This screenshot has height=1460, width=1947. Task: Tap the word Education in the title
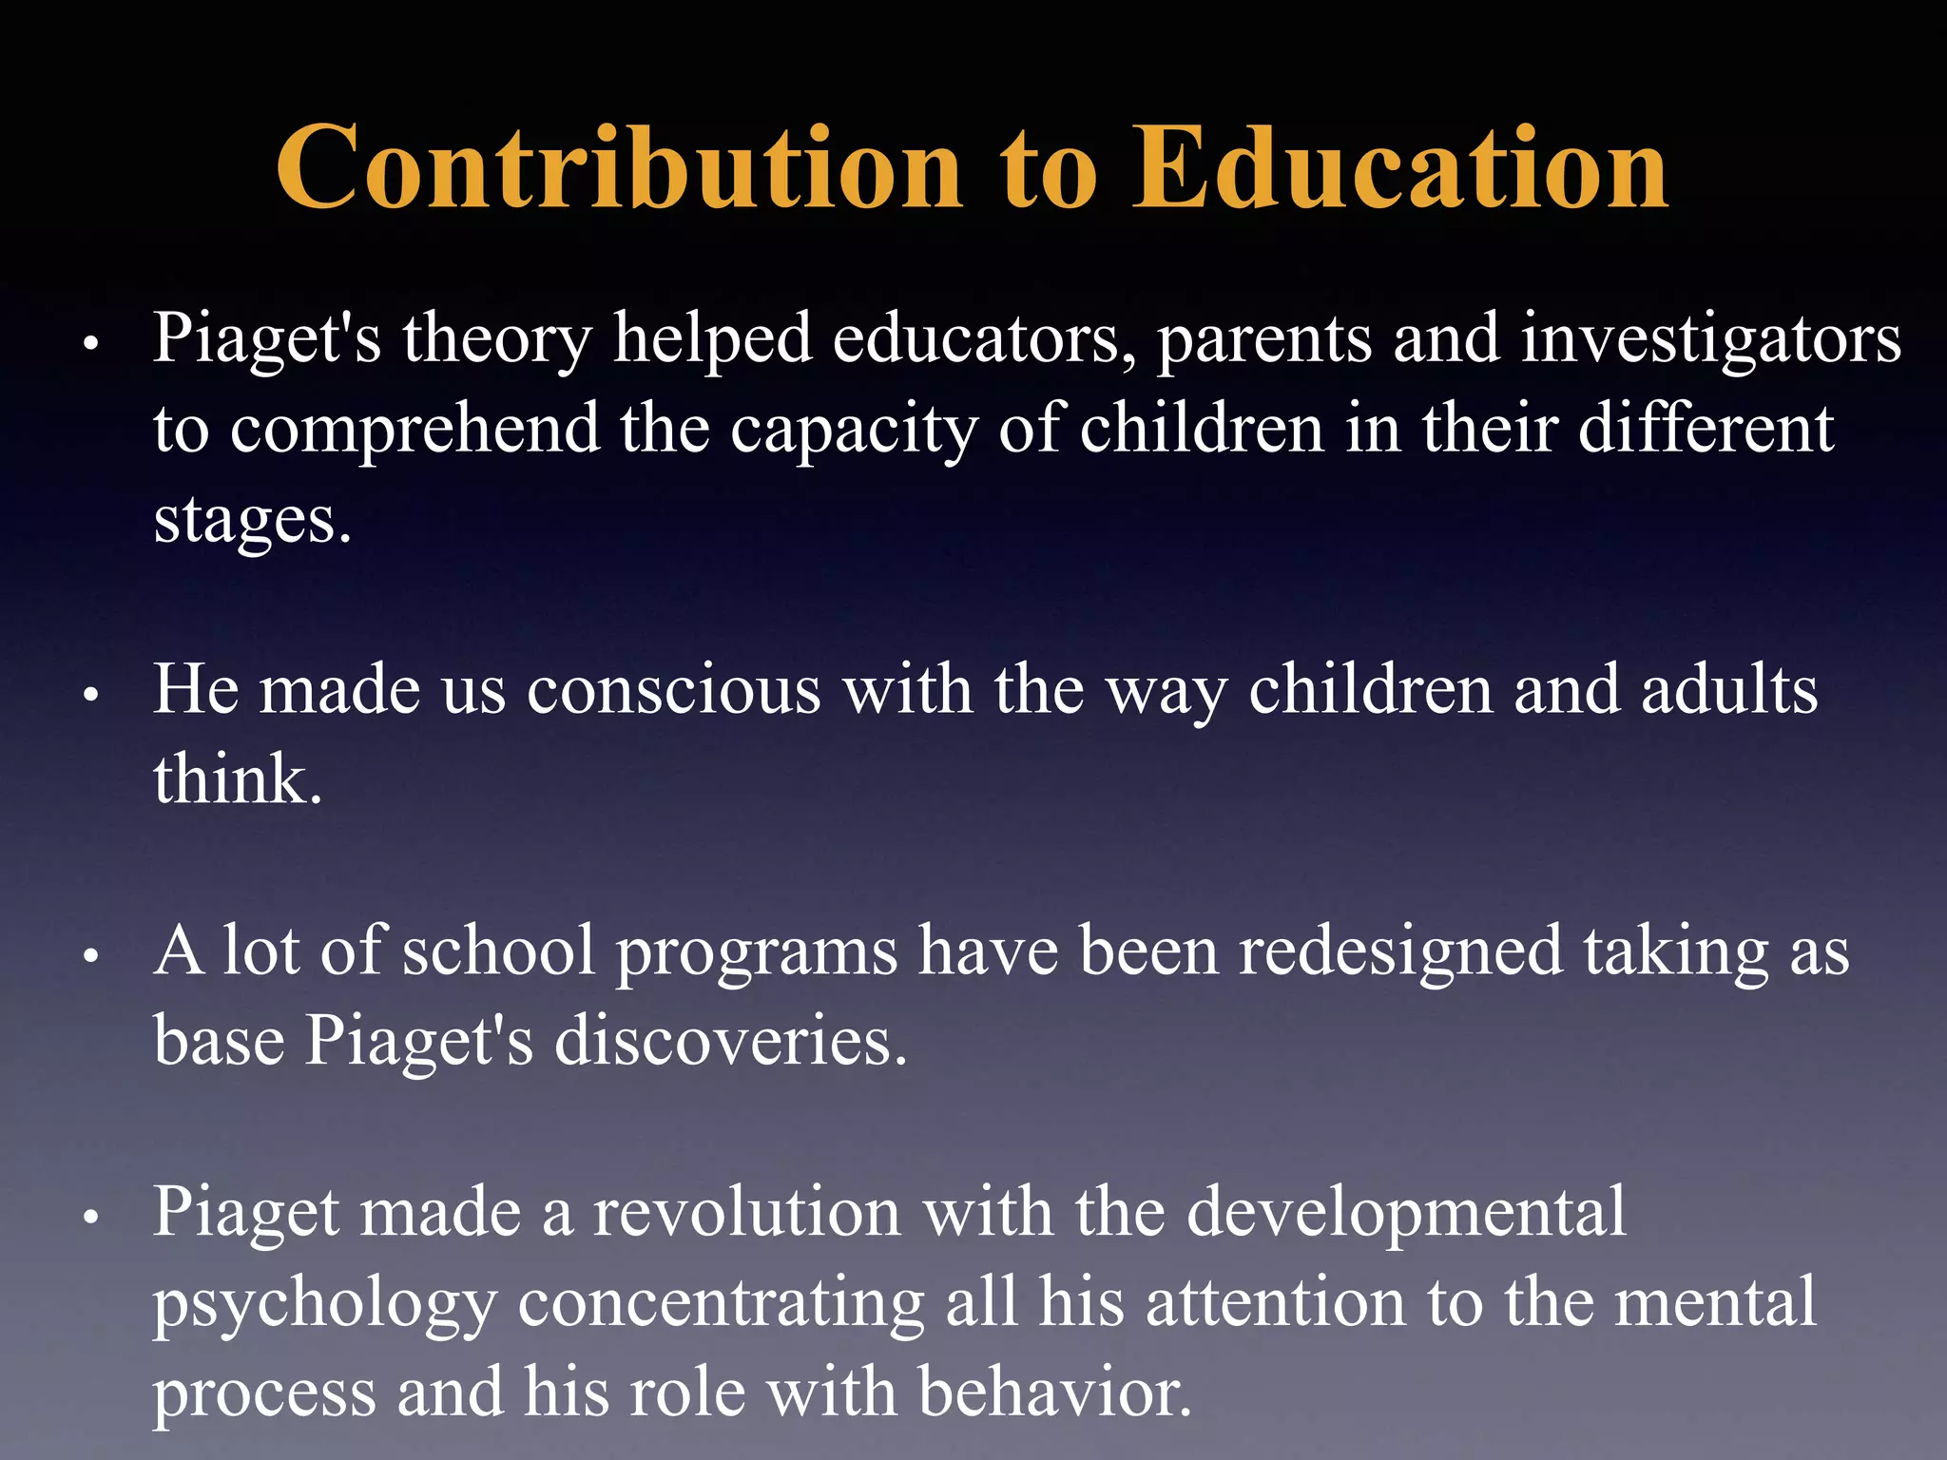click(1399, 168)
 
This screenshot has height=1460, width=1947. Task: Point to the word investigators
click(1710, 339)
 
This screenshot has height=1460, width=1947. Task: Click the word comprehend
click(414, 431)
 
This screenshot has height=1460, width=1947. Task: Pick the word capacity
click(854, 431)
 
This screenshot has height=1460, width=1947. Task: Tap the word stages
click(252, 521)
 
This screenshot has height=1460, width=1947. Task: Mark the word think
click(238, 779)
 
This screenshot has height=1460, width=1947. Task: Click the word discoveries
click(730, 1041)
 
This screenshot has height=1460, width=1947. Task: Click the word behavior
click(1054, 1393)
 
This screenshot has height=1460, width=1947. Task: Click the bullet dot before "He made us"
click(91, 696)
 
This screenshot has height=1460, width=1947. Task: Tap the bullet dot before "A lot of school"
click(91, 957)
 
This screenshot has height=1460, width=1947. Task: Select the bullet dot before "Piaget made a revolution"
click(91, 1219)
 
